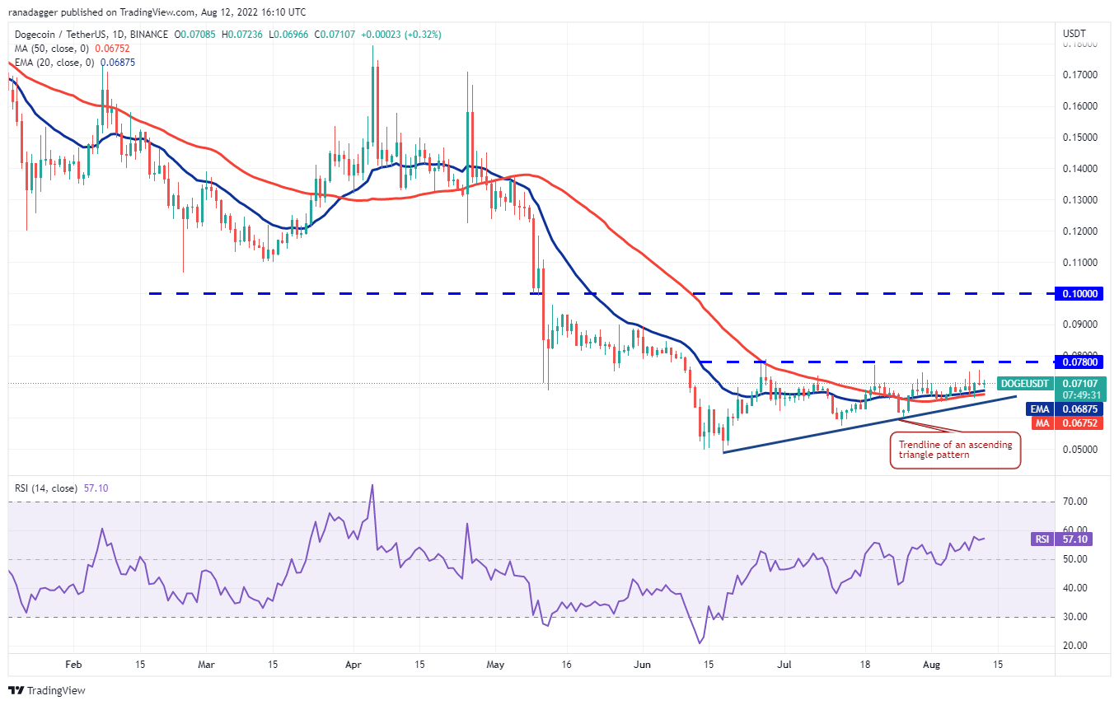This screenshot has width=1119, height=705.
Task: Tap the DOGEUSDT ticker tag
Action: click(x=1023, y=384)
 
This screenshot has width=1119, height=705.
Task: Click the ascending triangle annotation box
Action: click(x=956, y=450)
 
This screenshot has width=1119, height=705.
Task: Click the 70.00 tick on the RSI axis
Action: click(x=1075, y=502)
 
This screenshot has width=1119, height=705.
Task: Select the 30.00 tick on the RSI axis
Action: click(x=1075, y=617)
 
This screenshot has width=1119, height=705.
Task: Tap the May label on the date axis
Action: click(x=495, y=663)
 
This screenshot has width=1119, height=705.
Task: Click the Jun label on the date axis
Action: click(x=644, y=663)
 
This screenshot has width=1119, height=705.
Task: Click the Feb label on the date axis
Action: click(x=73, y=663)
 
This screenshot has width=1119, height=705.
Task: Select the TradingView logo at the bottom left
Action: click(x=47, y=690)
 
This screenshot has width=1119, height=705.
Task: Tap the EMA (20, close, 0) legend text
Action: click(x=54, y=62)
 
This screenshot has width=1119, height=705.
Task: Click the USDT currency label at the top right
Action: click(x=1075, y=34)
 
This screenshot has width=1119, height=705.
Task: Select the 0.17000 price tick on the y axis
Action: click(x=1079, y=75)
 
